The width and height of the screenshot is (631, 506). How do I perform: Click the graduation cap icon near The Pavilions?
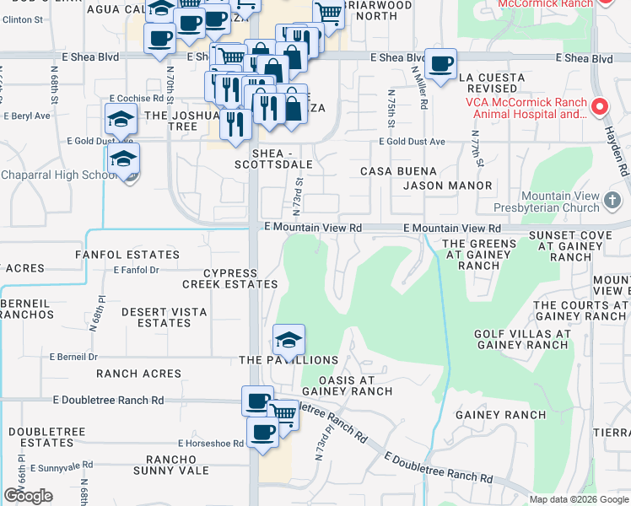click(289, 340)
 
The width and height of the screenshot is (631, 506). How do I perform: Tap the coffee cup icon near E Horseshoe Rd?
click(262, 433)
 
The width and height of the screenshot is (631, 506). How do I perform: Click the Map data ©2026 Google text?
click(579, 499)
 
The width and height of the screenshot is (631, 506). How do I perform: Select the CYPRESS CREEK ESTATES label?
click(229, 279)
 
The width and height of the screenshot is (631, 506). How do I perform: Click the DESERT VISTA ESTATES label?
click(163, 317)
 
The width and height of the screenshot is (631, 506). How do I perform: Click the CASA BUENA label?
click(398, 171)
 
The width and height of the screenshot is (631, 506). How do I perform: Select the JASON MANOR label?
click(447, 186)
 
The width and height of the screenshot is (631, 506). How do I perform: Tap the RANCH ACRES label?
click(138, 374)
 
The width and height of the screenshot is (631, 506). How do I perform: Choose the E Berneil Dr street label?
click(73, 357)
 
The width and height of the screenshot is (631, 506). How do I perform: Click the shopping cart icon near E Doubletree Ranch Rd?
click(283, 413)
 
